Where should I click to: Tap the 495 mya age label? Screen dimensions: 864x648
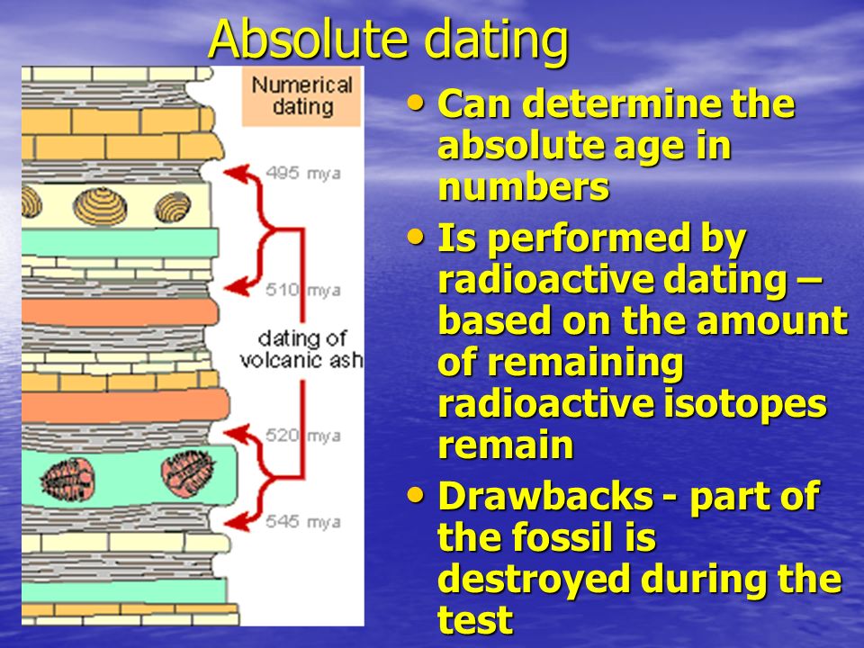tap(303, 173)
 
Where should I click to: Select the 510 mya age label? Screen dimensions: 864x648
tap(303, 290)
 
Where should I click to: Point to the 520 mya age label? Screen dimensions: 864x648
tap(303, 436)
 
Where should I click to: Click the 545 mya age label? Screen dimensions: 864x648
tap(303, 521)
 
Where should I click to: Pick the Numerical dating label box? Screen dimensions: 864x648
tap(301, 96)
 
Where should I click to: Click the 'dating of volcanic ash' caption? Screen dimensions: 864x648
tap(301, 349)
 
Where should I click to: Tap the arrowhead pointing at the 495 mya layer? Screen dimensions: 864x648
tap(235, 173)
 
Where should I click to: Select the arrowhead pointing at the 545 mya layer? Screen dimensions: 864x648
tap(235, 522)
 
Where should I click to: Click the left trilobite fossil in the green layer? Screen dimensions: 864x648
tap(67, 480)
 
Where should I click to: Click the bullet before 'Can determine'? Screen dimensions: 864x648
tap(416, 103)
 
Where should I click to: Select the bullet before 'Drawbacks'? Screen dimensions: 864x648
tap(416, 495)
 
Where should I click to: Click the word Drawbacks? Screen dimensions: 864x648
tap(545, 496)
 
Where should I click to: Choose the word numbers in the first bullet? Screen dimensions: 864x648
tap(524, 187)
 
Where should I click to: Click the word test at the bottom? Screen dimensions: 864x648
tap(475, 619)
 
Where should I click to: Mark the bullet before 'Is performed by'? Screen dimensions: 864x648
tap(416, 238)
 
